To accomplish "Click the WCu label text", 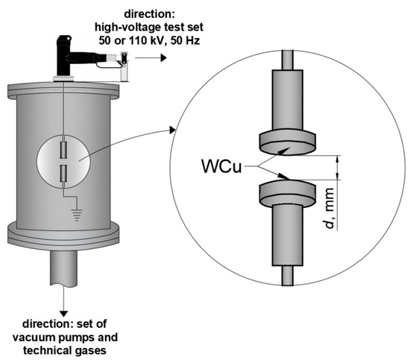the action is coord(221,165).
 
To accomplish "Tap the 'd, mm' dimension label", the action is coord(329,208).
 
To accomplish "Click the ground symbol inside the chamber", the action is coord(77,215).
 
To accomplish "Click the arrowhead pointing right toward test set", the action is coord(164,57).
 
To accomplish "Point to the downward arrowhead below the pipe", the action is coord(63,314).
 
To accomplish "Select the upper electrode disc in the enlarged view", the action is coord(287,143).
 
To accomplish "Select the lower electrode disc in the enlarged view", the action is coord(287,192).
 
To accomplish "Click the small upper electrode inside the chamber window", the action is coord(63,150).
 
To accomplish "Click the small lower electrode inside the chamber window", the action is coord(63,174).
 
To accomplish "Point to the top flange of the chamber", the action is coord(63,89).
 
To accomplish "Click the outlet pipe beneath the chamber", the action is coord(63,267).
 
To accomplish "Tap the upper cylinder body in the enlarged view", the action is coord(287,100).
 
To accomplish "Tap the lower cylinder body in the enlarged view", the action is coord(287,235).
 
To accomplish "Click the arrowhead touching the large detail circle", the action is coord(172,130).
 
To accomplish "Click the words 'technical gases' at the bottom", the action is coord(65,350).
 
